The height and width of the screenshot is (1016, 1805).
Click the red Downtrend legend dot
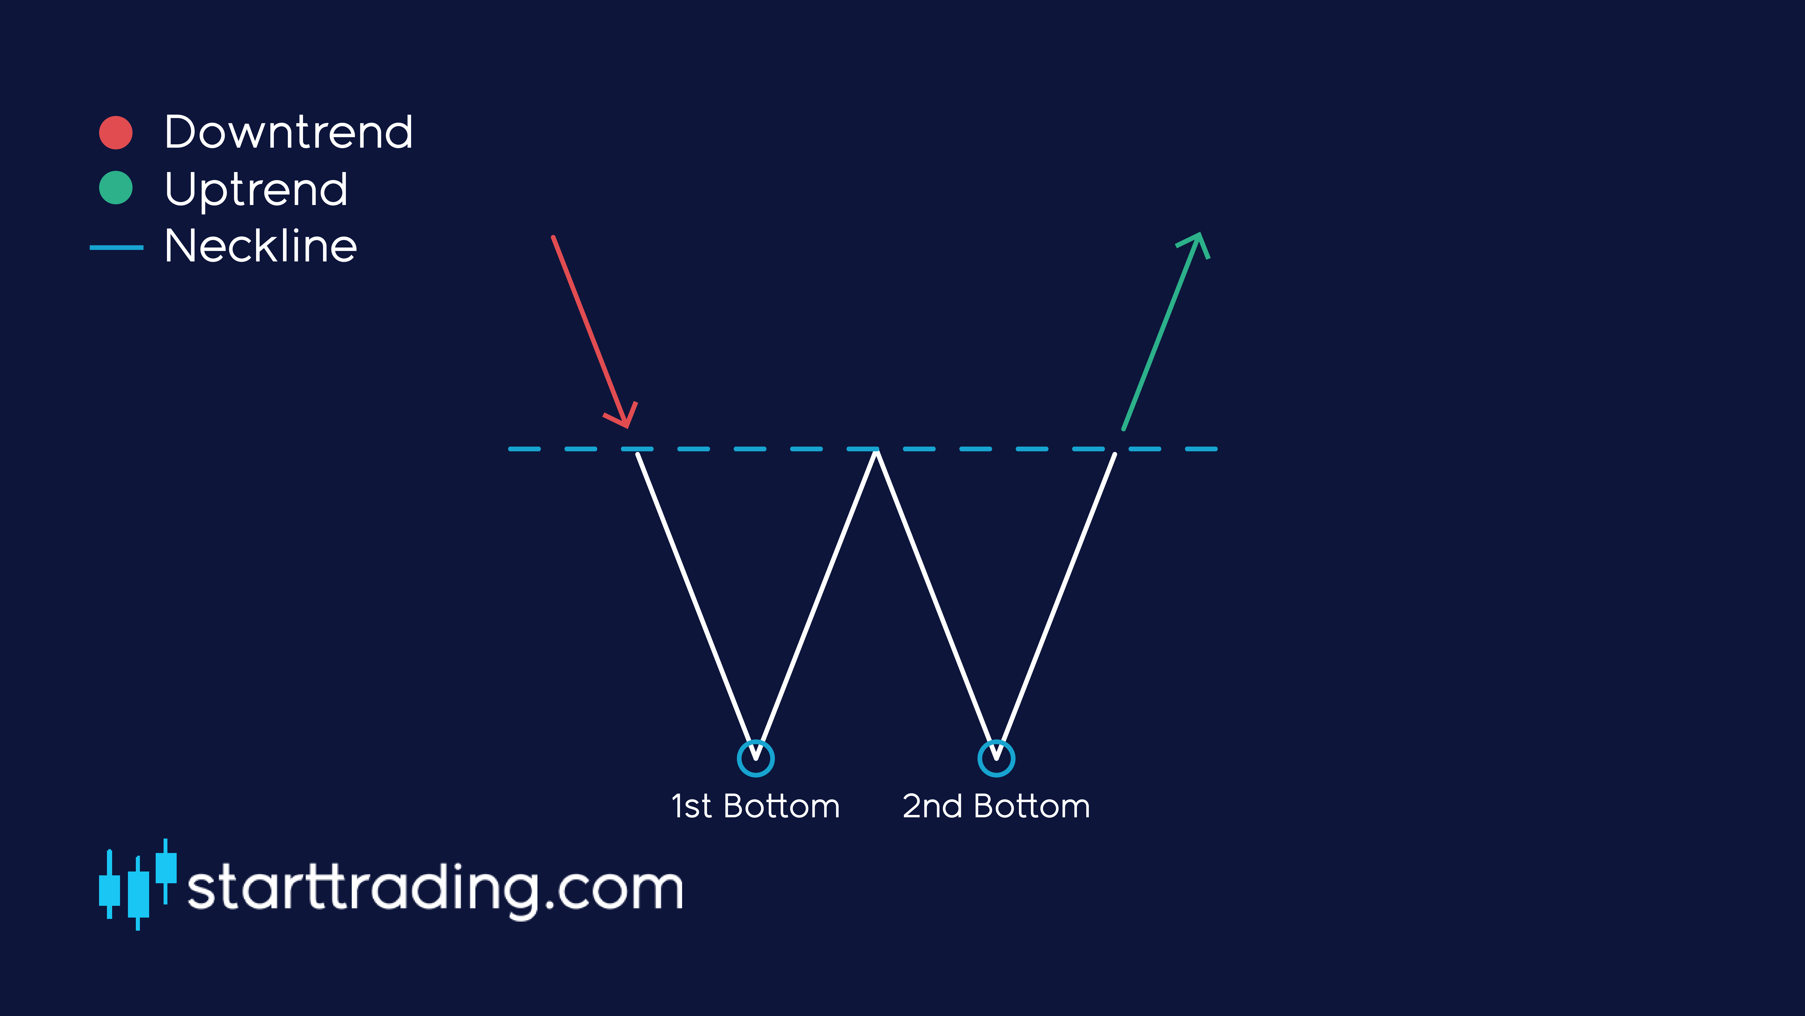point(116,133)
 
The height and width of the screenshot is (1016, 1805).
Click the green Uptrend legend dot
point(116,188)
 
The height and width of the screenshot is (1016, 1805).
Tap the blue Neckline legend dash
point(116,247)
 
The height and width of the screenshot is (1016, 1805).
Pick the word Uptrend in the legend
point(256,189)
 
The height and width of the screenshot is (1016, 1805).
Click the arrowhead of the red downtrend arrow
point(626,419)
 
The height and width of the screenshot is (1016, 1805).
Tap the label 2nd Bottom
point(996,806)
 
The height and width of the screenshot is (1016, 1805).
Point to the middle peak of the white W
point(876,454)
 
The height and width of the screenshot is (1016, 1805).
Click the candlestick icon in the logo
point(137,885)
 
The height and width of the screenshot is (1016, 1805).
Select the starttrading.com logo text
point(434,888)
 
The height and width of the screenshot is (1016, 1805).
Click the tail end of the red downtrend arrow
point(553,238)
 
